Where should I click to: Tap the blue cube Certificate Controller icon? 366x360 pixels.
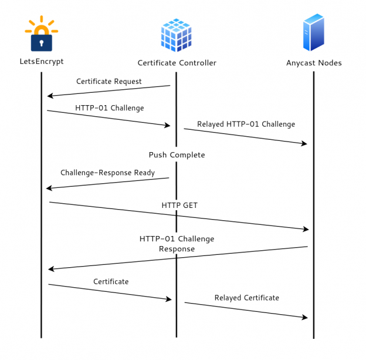pyautogui.click(x=176, y=35)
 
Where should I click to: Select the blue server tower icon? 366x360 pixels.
pyautogui.click(x=314, y=34)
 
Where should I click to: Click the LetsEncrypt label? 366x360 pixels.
pyautogui.click(x=41, y=61)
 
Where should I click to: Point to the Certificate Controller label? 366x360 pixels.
pyautogui.click(x=177, y=63)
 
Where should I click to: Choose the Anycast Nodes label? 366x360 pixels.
pyautogui.click(x=314, y=63)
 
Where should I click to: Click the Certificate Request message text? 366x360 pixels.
pyautogui.click(x=109, y=82)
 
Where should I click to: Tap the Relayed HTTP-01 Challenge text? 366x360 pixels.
pyautogui.click(x=246, y=125)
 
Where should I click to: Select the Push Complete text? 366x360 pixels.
pyautogui.click(x=176, y=155)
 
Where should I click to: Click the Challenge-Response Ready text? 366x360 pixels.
pyautogui.click(x=107, y=173)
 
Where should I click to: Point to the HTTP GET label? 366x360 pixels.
pyautogui.click(x=179, y=205)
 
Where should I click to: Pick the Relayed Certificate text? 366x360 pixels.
pyautogui.click(x=246, y=298)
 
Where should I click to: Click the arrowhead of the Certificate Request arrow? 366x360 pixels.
pyautogui.click(x=50, y=96)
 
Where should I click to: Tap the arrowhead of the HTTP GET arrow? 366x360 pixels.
pyautogui.click(x=306, y=229)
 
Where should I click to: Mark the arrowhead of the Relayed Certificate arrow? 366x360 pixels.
pyautogui.click(x=305, y=318)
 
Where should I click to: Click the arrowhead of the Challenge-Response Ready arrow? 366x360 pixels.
pyautogui.click(x=49, y=188)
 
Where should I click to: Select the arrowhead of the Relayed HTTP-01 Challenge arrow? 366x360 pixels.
pyautogui.click(x=304, y=144)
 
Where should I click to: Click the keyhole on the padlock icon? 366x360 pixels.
pyautogui.click(x=41, y=42)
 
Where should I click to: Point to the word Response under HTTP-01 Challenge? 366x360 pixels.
pyautogui.click(x=177, y=249)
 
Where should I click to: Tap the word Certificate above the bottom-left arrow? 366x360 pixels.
pyautogui.click(x=110, y=282)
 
